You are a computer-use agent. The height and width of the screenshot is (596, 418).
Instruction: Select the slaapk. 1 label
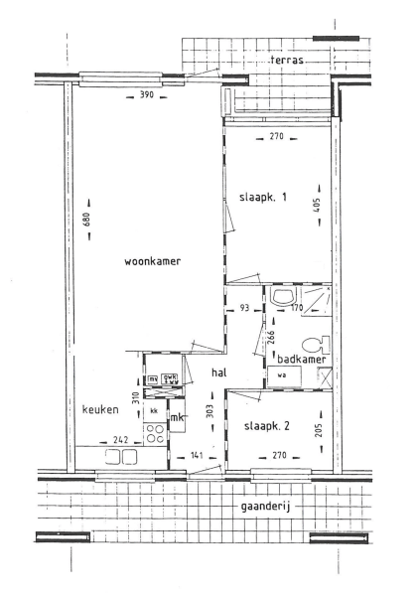263,197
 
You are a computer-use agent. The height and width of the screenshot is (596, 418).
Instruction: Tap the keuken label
100,409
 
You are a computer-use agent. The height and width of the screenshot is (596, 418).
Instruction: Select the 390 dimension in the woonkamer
146,96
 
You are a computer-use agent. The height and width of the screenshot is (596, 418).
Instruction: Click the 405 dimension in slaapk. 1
321,206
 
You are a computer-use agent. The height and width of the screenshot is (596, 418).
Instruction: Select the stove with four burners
155,433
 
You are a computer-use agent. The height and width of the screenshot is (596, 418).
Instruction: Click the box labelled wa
282,375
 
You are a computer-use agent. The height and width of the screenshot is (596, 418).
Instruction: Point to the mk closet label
178,418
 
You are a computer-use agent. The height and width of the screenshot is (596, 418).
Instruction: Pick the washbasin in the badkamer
282,299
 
